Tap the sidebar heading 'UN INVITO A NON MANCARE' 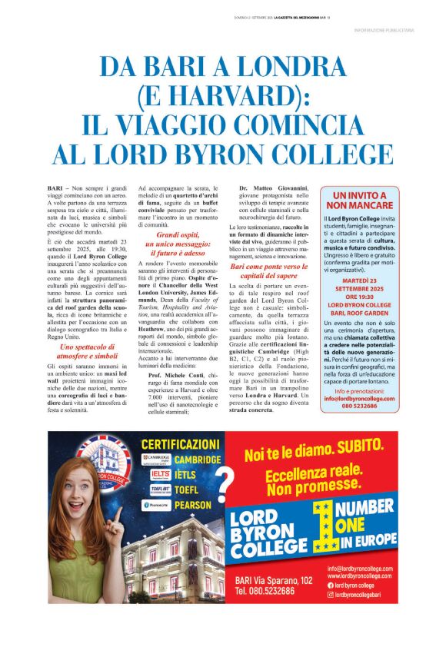(x=361, y=201)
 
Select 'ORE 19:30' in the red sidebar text (x=361, y=297)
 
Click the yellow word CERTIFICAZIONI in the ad (x=181, y=444)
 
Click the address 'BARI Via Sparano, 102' (x=275, y=580)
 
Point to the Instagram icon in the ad (x=330, y=594)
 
